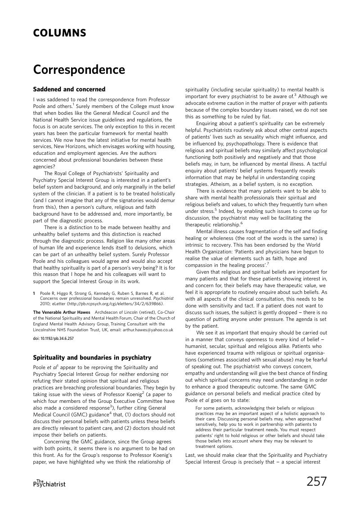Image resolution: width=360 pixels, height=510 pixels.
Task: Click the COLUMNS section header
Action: click(x=59, y=33)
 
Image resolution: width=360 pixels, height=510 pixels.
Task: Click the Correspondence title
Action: click(x=79, y=70)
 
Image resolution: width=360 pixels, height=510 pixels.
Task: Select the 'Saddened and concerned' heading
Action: click(x=69, y=89)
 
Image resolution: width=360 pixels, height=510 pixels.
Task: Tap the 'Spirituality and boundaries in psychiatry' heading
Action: click(x=92, y=358)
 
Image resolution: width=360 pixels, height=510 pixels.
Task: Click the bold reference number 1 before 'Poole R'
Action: click(x=34, y=292)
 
